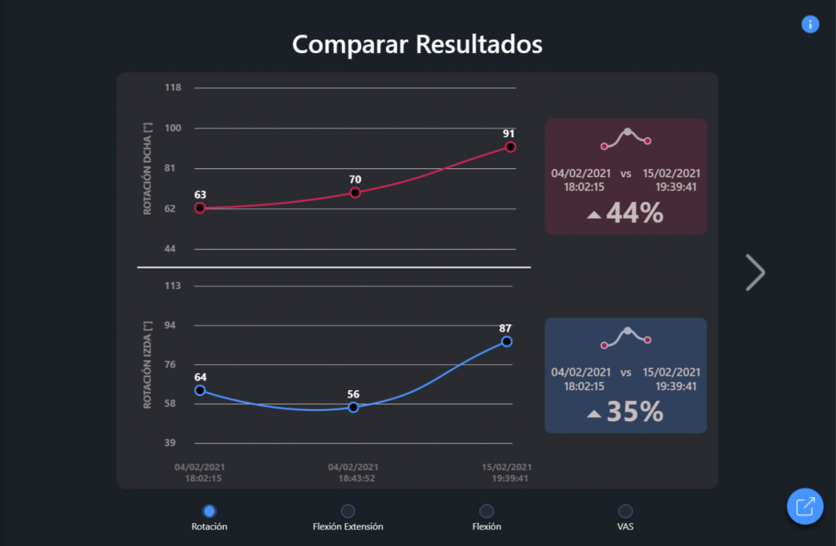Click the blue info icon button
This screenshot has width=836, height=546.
pyautogui.click(x=810, y=24)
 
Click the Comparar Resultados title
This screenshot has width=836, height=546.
pyautogui.click(x=417, y=43)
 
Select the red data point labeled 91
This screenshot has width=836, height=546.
pyautogui.click(x=510, y=147)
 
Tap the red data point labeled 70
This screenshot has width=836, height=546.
pyautogui.click(x=355, y=193)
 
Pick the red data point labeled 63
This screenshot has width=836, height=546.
pyautogui.click(x=200, y=208)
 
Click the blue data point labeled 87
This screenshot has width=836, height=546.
pyautogui.click(x=506, y=341)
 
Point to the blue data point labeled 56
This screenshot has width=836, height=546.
pyautogui.click(x=354, y=406)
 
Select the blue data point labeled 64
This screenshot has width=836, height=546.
pyautogui.click(x=200, y=390)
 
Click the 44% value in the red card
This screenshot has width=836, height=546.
pyautogui.click(x=634, y=214)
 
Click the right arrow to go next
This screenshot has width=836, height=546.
pyautogui.click(x=755, y=273)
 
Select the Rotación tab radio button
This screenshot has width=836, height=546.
pyautogui.click(x=209, y=511)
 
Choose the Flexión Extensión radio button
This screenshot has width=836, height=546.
pyautogui.click(x=348, y=511)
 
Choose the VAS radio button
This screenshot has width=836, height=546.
pyautogui.click(x=625, y=511)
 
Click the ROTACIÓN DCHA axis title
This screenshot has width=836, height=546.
pyautogui.click(x=148, y=168)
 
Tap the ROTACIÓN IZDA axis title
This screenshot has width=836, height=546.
pyautogui.click(x=148, y=364)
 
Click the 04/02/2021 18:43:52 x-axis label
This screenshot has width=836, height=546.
pyautogui.click(x=353, y=473)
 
